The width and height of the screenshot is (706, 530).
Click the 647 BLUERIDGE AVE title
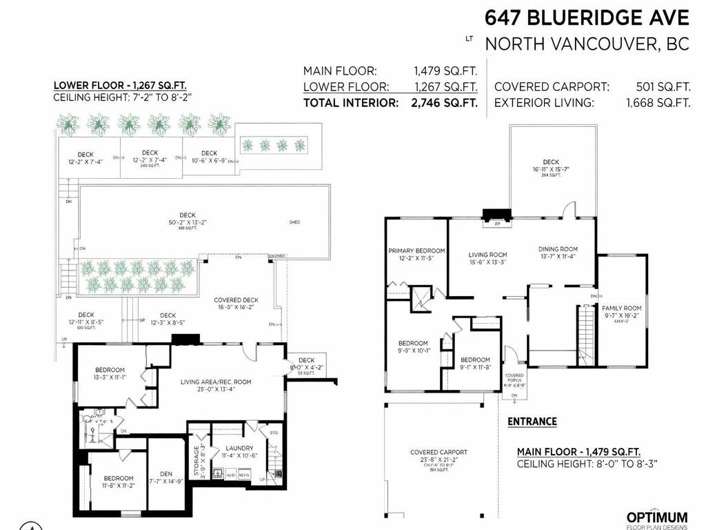coord(586,17)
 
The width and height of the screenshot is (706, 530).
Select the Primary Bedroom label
coord(416,251)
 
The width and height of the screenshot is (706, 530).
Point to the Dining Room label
coord(558,249)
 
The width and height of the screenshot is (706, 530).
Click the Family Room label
coord(621,308)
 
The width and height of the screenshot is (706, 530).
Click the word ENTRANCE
coord(532,421)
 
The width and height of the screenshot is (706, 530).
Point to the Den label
coord(166,473)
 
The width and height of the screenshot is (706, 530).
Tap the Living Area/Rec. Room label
coord(216,382)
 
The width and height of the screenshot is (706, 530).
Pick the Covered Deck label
coord(236,300)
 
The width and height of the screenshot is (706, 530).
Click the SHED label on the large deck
coord(294,223)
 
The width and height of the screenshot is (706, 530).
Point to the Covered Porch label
coord(514,377)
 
